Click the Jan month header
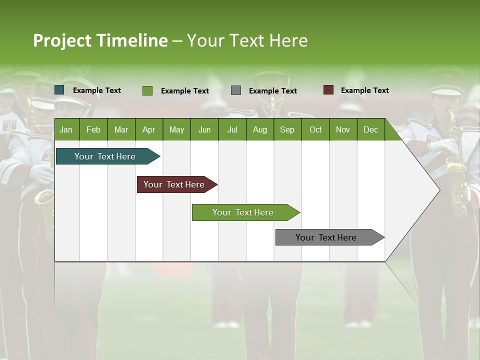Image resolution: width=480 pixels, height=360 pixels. coord(66,129)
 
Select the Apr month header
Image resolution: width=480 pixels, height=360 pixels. coord(148,129)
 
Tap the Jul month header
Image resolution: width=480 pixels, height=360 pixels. coord(232,129)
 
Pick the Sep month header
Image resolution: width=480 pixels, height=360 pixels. coord(287,129)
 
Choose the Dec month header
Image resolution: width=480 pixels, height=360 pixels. coord(370,129)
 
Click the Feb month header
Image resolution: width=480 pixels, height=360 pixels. coord(93,129)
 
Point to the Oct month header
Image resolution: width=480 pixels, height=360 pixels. coord(315,129)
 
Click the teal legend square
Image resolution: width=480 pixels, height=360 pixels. coord(59,90)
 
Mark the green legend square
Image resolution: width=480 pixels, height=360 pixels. coord(147,90)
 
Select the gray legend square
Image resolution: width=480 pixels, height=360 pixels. coord(236,90)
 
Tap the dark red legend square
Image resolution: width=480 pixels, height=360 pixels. coord(328,90)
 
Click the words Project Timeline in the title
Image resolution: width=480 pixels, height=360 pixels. coord(100,40)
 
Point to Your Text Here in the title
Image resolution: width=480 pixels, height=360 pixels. coord(247,40)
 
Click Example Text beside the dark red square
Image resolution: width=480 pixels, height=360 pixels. coord(364,90)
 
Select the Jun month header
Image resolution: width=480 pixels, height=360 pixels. coord(204,129)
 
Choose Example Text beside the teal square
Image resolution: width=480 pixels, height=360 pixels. coord(97,90)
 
